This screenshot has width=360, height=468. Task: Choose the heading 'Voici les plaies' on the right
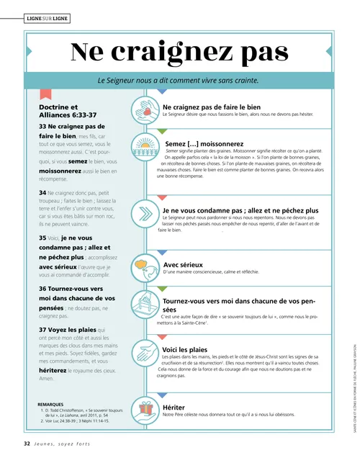189,349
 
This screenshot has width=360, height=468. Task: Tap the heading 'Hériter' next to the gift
174,407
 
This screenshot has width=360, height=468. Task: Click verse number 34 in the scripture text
42,193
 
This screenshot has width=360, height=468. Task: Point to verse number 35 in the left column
42,237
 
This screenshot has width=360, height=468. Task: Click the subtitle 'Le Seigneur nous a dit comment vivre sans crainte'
178,81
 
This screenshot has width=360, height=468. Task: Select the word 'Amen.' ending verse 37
47,378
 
